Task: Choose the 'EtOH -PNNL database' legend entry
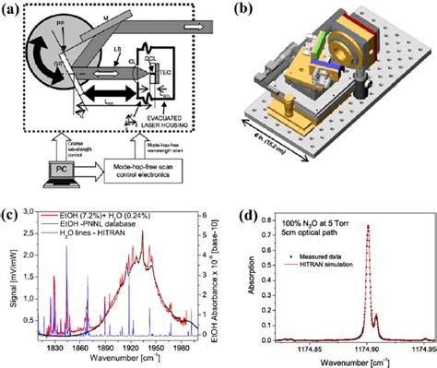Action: click(x=87, y=224)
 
